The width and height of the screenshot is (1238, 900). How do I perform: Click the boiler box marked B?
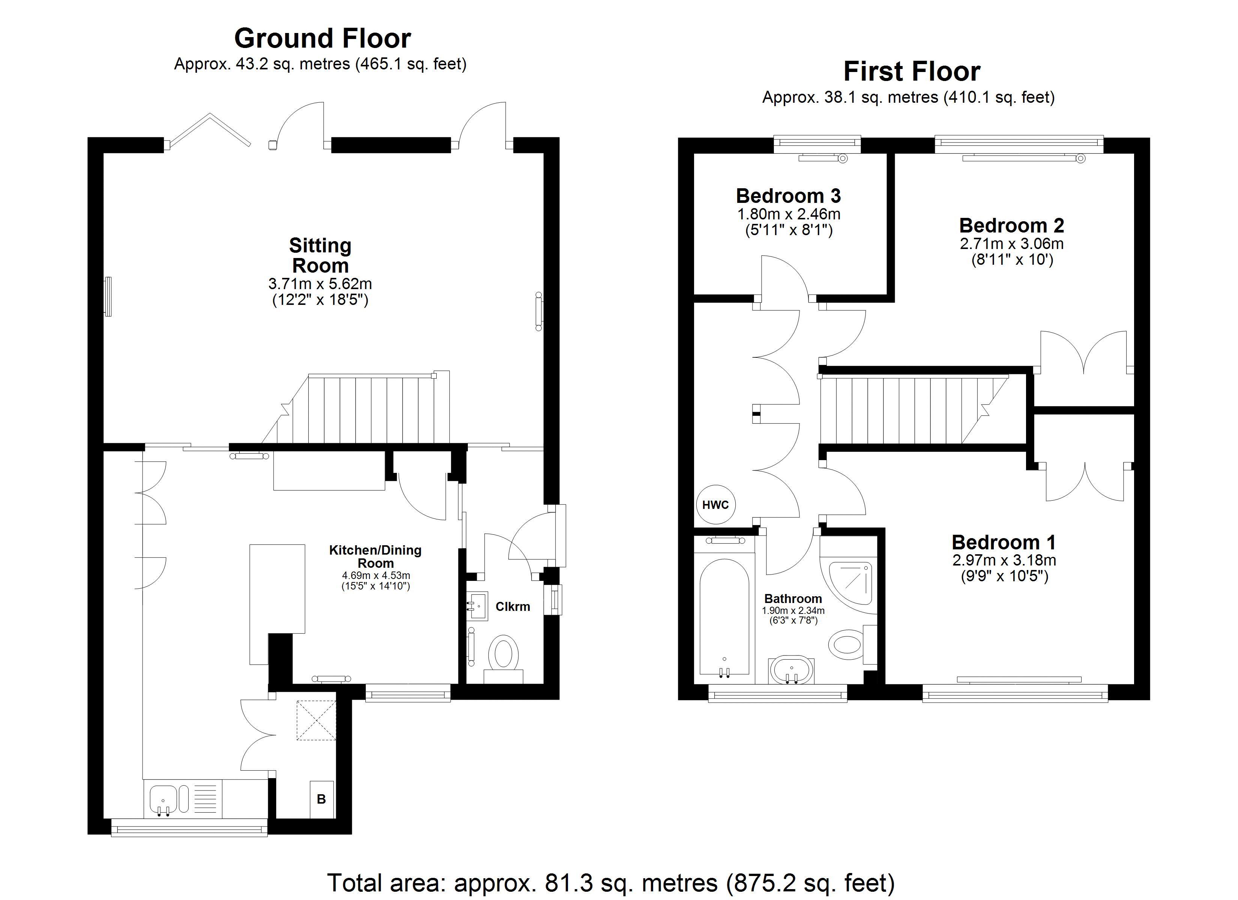coord(322,799)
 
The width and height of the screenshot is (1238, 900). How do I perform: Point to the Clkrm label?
coord(512,606)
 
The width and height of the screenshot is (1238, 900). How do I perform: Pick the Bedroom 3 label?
coord(788,195)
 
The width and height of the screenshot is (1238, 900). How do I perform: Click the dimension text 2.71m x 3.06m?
coord(1011,243)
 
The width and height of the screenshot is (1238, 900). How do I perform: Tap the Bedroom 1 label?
coord(1003,542)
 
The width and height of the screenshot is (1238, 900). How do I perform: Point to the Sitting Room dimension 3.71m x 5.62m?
coord(320,284)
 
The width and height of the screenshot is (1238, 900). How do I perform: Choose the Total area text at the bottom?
coord(610,882)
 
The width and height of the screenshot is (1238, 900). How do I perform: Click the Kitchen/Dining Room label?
coord(375,556)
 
